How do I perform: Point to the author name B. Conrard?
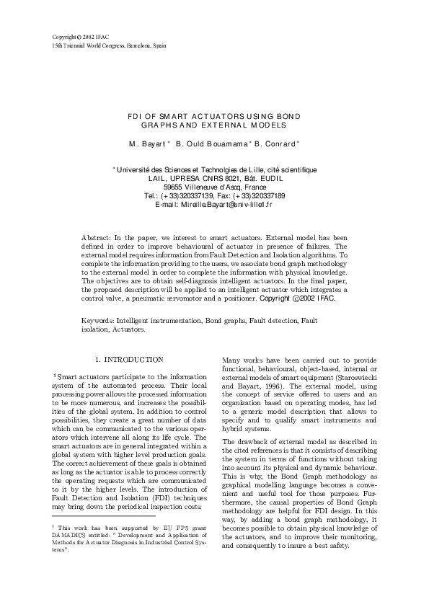tap(259, 143)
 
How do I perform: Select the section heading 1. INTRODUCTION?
tap(129, 359)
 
